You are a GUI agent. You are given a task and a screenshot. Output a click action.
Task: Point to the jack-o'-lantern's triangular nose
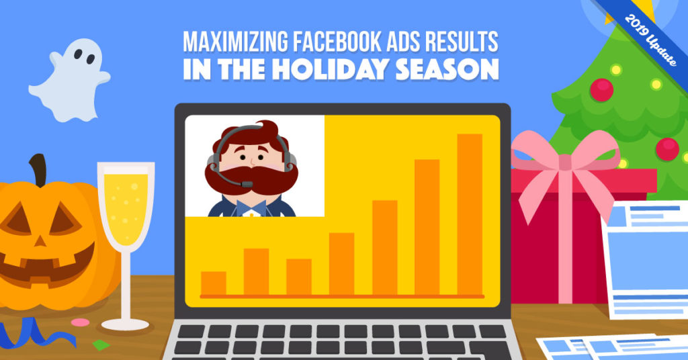[40, 240]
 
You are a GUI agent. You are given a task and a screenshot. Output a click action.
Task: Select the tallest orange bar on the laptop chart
[470, 214]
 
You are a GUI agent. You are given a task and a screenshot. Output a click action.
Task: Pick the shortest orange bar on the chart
[214, 283]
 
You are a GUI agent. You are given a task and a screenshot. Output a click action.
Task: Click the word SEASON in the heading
[447, 69]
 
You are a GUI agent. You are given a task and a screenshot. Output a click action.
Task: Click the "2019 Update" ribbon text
[650, 40]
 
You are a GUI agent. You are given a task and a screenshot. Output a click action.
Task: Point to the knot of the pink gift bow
[565, 161]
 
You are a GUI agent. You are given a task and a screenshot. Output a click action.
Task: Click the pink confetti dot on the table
[81, 322]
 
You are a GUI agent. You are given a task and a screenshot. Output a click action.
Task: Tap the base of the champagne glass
[126, 324]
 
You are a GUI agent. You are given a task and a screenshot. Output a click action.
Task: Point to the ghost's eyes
[84, 56]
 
